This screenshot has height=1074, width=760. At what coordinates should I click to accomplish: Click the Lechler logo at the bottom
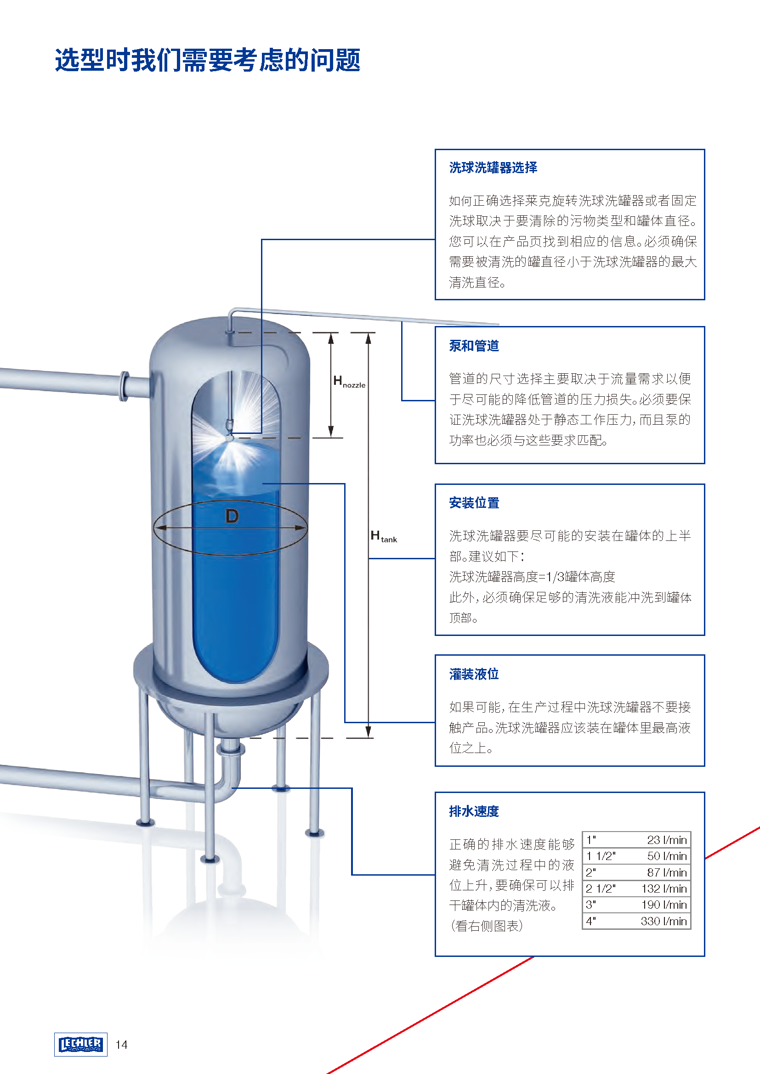(x=80, y=1044)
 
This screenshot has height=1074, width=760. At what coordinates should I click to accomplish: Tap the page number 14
(x=122, y=1045)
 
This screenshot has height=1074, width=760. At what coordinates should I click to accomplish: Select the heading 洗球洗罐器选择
(x=493, y=168)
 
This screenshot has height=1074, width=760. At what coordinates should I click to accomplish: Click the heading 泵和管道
(x=474, y=346)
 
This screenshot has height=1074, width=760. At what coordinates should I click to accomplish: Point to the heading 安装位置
(x=474, y=503)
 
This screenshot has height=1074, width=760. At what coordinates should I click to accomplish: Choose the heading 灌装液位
(x=474, y=674)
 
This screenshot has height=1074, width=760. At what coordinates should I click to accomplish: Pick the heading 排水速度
(x=474, y=811)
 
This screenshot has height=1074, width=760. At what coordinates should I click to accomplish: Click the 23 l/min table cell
(x=667, y=840)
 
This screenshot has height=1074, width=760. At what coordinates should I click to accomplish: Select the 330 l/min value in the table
(x=664, y=921)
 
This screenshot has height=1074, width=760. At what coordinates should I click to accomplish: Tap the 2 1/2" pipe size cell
(x=601, y=888)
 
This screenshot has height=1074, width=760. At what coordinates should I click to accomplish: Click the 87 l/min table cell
(x=667, y=872)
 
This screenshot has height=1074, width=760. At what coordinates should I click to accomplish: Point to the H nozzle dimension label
(x=349, y=382)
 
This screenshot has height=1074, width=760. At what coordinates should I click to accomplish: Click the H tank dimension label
(x=383, y=536)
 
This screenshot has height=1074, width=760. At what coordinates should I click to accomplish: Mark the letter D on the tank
(x=232, y=517)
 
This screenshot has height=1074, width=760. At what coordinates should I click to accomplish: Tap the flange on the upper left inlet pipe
(x=125, y=386)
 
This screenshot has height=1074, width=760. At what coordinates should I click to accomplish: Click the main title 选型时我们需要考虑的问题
(x=207, y=60)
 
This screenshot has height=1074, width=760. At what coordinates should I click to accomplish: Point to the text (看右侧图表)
(x=486, y=926)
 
